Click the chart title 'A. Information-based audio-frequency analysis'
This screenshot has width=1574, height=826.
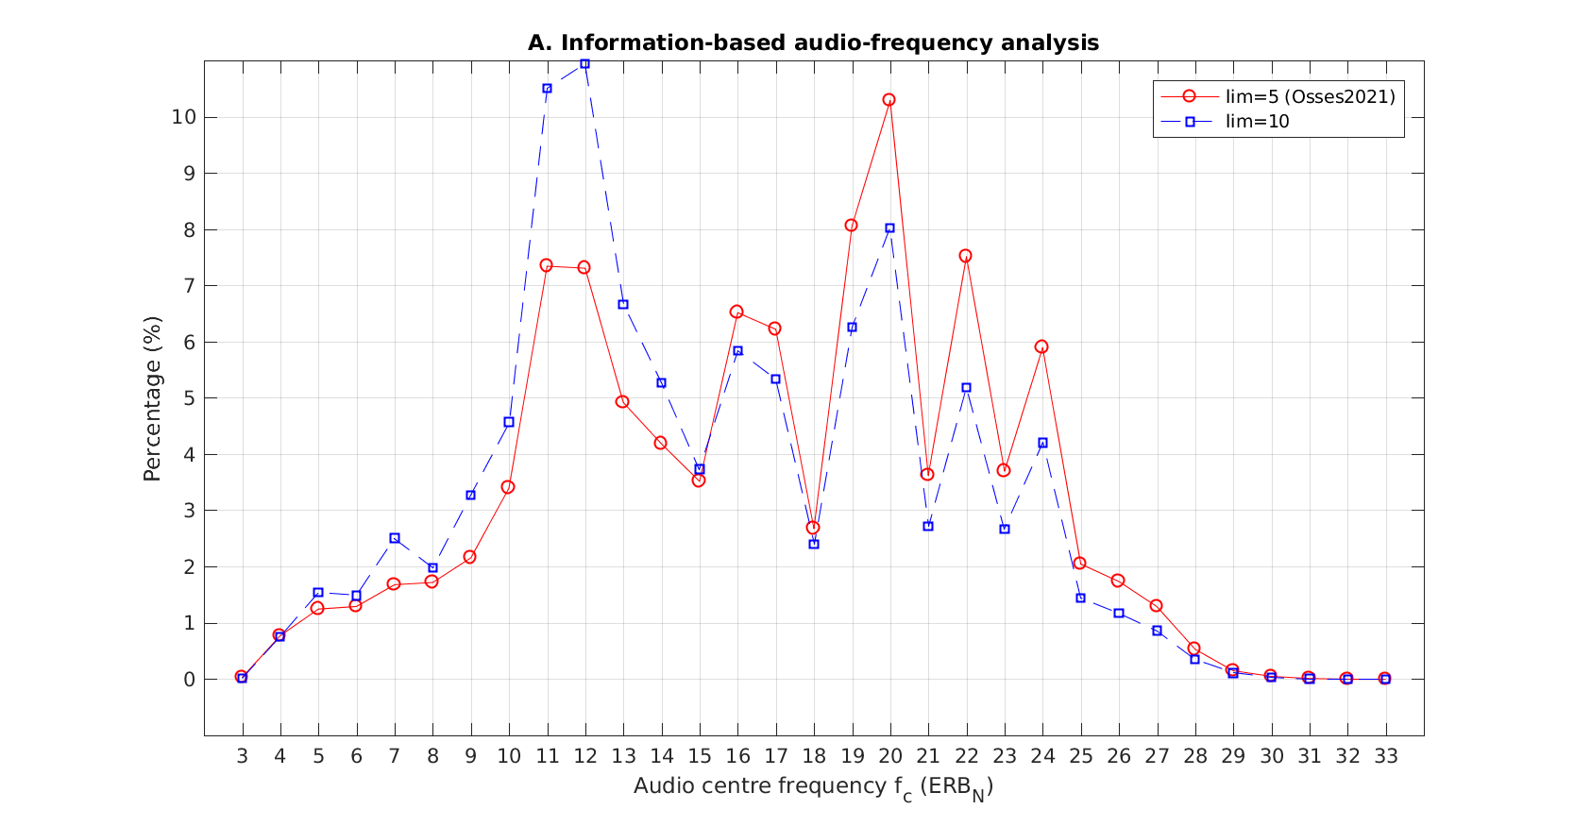coord(813,43)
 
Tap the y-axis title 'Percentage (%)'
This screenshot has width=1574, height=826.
coord(153,398)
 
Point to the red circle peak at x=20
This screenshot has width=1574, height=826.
coord(889,100)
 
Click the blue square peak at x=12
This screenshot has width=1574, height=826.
coord(585,64)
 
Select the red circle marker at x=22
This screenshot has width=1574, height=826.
coord(966,256)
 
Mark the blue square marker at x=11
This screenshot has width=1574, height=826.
coord(547,89)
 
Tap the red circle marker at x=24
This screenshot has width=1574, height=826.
coord(1042,346)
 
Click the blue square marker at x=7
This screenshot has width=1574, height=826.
coord(395,538)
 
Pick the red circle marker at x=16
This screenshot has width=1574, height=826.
coord(736,312)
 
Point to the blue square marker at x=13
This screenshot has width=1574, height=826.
coord(623,304)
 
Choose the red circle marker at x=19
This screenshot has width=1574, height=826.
coord(852,226)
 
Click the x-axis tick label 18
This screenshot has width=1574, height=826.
coord(813,756)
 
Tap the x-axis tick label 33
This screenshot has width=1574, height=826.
coord(1385,756)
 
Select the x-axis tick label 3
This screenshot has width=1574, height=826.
coord(242,756)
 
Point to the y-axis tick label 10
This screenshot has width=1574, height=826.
coord(183,117)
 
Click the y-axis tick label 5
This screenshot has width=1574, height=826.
coord(189,398)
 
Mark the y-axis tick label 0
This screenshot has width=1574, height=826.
coord(189,680)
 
